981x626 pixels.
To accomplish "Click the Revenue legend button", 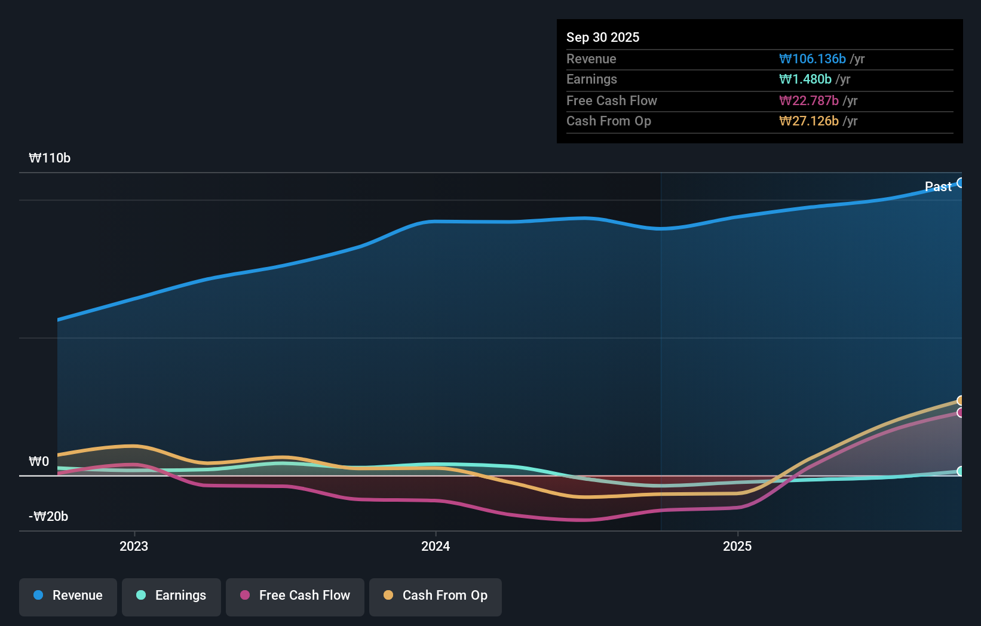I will (x=68, y=596).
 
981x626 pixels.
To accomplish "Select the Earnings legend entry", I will (x=171, y=596).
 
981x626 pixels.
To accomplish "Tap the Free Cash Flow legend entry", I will (x=295, y=596).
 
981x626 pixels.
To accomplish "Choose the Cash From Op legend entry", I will (x=436, y=596).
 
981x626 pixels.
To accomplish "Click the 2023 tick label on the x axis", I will (x=134, y=546).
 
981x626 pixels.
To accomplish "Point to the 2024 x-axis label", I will (x=436, y=546).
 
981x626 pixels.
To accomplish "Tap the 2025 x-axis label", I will (x=737, y=546).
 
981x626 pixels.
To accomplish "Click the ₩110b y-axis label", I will (x=50, y=158).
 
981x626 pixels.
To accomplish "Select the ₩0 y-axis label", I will (x=39, y=461).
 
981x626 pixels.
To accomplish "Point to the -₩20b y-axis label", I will (x=48, y=516).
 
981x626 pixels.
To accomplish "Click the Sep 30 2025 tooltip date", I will (x=602, y=37).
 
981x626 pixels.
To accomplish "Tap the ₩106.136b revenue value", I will (x=812, y=59).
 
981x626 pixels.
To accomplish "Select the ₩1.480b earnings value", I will (x=805, y=79).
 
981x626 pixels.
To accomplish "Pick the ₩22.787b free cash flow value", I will (x=808, y=100).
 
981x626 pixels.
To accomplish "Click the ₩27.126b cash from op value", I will (x=808, y=121).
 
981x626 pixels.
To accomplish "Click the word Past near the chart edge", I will (x=937, y=186).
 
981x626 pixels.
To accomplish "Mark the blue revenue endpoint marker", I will (x=961, y=183).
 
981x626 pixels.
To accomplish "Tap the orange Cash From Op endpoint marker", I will (x=961, y=400).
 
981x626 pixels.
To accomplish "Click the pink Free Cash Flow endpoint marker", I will (x=961, y=413).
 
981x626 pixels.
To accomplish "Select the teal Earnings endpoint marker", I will (x=961, y=471).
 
